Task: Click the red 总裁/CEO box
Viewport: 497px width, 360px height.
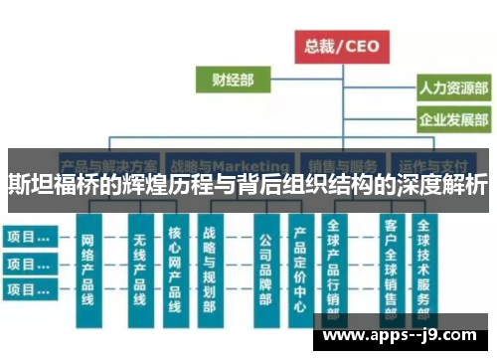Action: (341, 45)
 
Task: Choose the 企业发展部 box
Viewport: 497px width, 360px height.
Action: (451, 122)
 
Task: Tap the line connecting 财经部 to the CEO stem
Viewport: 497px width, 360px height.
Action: (298, 79)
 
